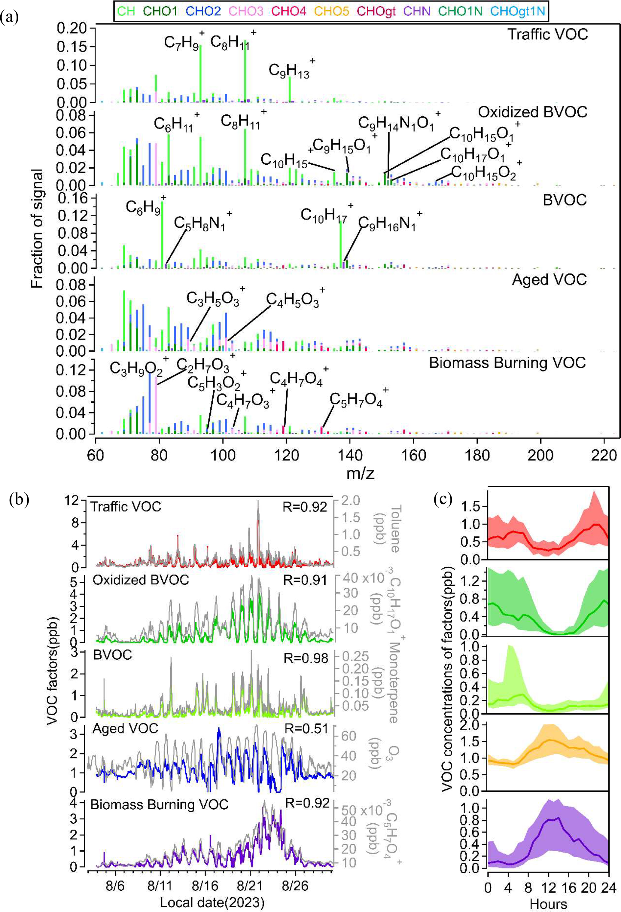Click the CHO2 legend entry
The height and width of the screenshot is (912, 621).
click(x=204, y=11)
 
